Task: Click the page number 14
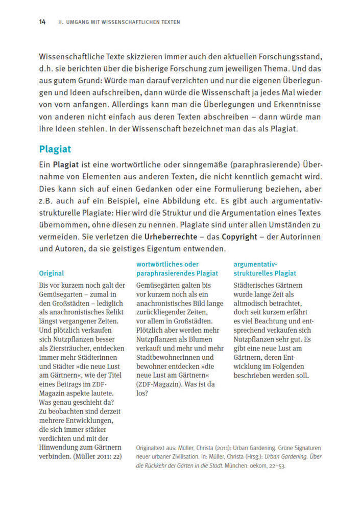(42, 22)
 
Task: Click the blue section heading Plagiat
(55, 149)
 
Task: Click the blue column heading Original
(52, 273)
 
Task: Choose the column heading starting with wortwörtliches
(167, 264)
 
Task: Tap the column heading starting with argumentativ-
(255, 264)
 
